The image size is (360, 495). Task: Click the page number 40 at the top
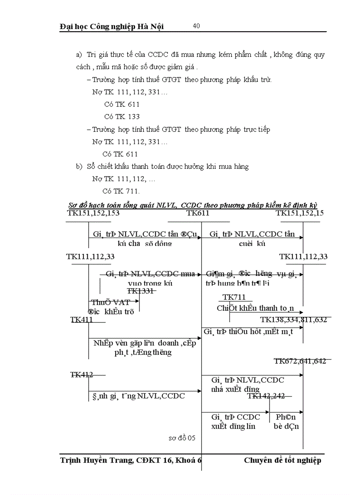[196, 26]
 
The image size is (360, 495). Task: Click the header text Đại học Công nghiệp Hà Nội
[112, 26]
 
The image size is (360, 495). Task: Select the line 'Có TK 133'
[122, 117]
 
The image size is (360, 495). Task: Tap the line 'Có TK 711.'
[121, 191]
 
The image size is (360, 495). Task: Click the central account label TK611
[198, 213]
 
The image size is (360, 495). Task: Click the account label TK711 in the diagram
[234, 297]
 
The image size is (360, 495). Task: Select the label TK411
[82, 320]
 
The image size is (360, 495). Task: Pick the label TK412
[82, 375]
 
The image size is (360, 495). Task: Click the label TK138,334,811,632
[293, 320]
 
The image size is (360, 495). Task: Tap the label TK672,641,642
[300, 361]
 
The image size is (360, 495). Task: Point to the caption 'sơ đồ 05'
[182, 438]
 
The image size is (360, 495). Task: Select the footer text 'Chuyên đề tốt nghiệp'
[282, 461]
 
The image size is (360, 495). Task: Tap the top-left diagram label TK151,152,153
[93, 213]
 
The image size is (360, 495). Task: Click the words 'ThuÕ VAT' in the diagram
[110, 302]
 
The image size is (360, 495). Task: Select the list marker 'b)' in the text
[79, 167]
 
